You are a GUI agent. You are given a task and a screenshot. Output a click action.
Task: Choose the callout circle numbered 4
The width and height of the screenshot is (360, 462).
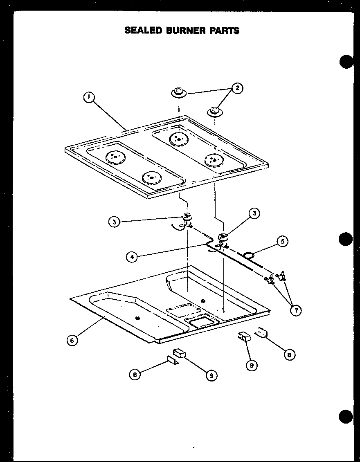point(131,257)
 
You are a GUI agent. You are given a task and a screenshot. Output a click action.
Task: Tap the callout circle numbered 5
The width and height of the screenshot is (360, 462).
point(282,241)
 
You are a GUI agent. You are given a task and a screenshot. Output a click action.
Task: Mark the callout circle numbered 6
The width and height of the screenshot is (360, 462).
point(72,341)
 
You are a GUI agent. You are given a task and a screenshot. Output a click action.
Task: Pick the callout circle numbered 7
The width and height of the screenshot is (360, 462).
point(295,310)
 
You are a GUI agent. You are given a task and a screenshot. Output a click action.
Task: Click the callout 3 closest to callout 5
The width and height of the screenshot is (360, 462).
point(255,213)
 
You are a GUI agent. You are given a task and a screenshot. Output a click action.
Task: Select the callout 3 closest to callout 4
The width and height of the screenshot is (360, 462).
point(114,222)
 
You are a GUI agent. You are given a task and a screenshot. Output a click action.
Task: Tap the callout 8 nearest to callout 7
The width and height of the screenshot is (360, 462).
point(289,354)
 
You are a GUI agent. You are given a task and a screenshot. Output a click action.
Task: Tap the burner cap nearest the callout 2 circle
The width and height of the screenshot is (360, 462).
point(214,111)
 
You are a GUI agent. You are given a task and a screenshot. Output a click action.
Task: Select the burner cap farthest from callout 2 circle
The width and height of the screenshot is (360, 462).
point(178,92)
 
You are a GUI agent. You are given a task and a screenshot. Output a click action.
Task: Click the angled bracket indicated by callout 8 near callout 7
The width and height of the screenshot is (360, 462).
point(261,334)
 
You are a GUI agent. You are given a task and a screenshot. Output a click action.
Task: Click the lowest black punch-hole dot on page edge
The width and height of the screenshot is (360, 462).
point(346,417)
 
